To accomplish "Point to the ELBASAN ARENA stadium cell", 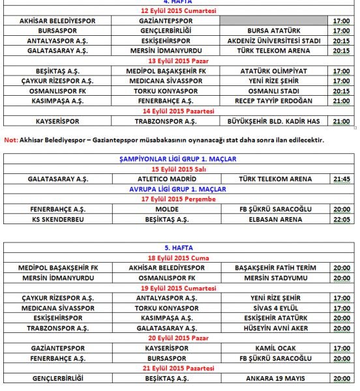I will [x=275, y=220].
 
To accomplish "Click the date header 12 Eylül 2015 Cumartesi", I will [x=180, y=12].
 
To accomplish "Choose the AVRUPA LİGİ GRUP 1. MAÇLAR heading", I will [x=180, y=189].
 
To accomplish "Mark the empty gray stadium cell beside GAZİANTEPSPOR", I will [x=275, y=22].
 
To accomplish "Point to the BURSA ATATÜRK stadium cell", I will [x=275, y=31].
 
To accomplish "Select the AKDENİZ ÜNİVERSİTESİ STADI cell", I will [x=275, y=41].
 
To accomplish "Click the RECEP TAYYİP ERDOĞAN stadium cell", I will [x=275, y=101].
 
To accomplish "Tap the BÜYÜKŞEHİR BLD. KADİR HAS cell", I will [x=275, y=121].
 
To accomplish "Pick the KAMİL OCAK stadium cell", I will [x=275, y=349].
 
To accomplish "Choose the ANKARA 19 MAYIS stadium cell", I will [x=275, y=379].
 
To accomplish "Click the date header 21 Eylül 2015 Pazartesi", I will [x=180, y=369].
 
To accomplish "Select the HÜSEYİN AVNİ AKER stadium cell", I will [x=275, y=328].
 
